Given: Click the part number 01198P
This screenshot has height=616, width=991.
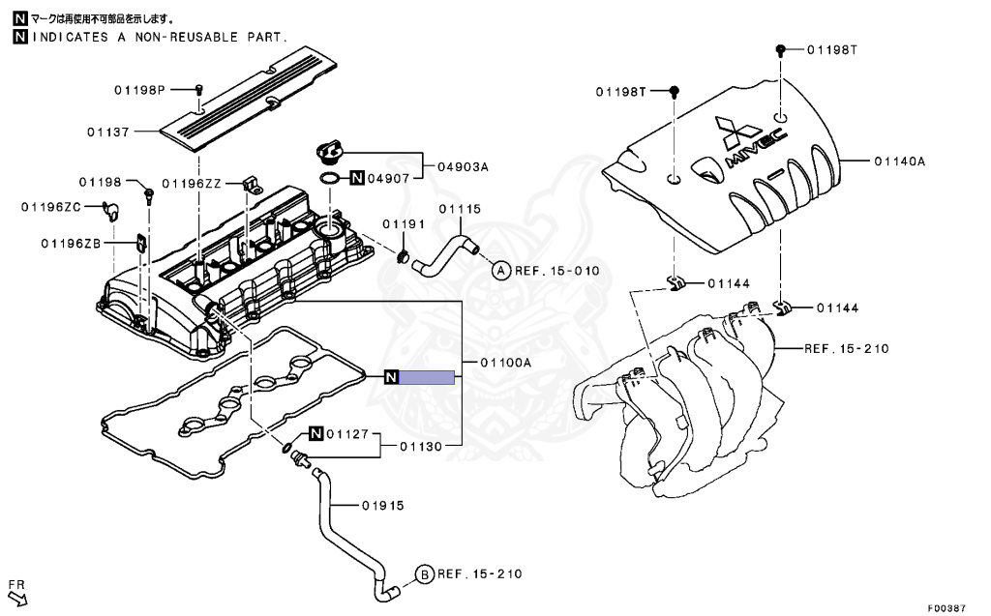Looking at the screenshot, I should click(140, 90).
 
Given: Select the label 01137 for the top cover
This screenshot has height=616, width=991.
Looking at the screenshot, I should click(106, 130).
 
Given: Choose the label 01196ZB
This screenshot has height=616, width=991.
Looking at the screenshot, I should click(71, 243).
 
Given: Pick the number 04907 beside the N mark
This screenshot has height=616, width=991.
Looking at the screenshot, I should click(391, 178).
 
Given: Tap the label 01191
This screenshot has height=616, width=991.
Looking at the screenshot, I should click(403, 224).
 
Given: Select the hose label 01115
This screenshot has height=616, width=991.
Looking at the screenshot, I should click(459, 209).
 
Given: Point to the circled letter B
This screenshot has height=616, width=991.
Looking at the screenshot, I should click(425, 574).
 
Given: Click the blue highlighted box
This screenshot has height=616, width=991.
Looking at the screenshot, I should click(427, 377).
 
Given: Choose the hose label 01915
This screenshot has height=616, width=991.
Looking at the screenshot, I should click(382, 506).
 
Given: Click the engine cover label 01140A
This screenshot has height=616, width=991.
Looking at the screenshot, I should click(900, 161).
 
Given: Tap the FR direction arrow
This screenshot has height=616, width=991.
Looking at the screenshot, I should click(18, 598).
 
